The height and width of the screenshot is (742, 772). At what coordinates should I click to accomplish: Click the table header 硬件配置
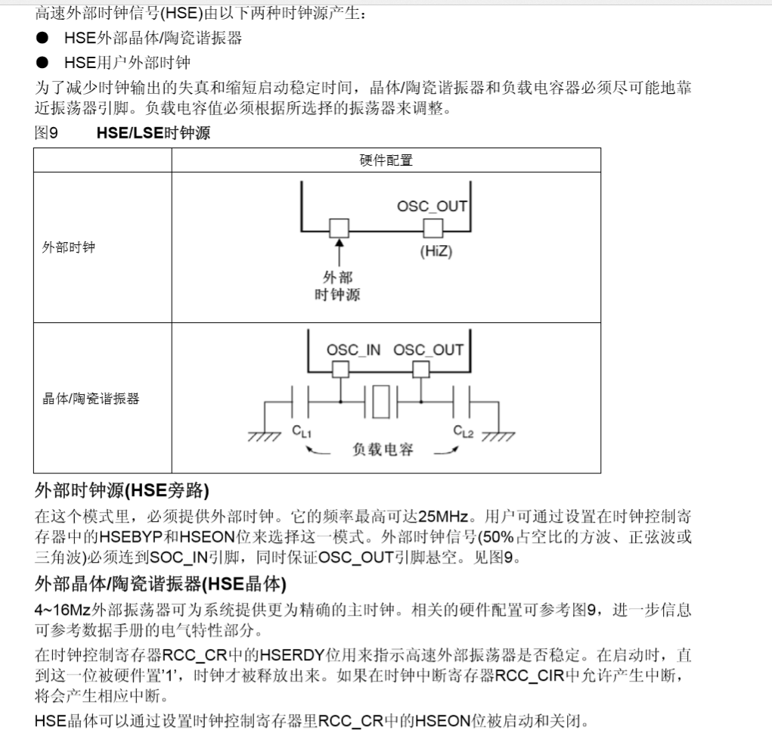tap(386, 160)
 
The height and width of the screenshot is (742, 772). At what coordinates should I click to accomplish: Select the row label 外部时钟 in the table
tap(69, 247)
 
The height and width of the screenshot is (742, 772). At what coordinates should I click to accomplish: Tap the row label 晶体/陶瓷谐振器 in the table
tap(91, 399)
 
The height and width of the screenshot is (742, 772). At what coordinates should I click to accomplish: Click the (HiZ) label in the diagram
tap(436, 252)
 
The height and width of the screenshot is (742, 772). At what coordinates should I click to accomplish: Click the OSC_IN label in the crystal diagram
tap(353, 349)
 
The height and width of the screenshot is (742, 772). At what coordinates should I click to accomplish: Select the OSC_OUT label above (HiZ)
tap(432, 206)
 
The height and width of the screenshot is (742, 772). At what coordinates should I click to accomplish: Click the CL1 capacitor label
tap(302, 432)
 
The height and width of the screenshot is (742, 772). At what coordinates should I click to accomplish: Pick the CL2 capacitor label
tap(463, 431)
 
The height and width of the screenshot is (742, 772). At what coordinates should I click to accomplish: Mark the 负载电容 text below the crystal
tap(383, 449)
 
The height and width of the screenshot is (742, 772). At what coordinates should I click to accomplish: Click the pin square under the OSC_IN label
tap(341, 369)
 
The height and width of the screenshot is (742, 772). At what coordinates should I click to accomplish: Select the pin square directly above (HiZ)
tap(433, 228)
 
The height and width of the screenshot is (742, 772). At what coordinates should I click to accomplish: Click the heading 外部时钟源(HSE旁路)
tap(122, 491)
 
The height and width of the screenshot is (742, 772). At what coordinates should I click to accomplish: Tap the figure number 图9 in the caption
tap(46, 134)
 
